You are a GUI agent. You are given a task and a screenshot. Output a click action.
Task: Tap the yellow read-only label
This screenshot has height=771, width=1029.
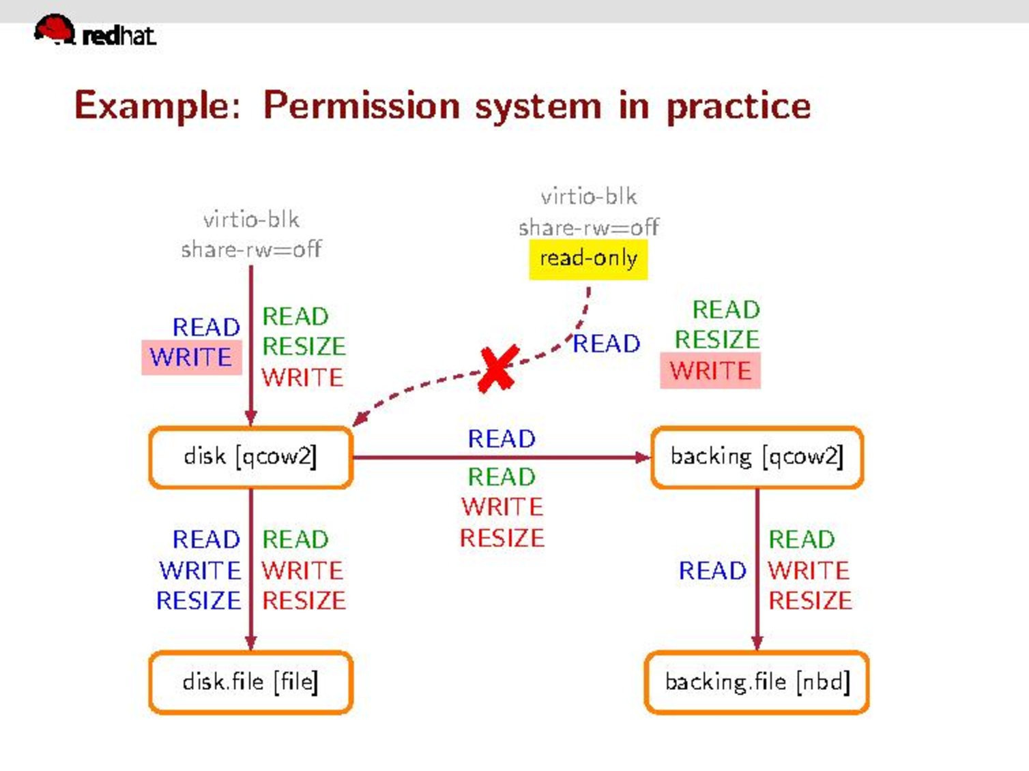coord(588,259)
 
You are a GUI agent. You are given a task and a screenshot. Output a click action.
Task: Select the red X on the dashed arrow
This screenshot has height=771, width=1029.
coord(498,369)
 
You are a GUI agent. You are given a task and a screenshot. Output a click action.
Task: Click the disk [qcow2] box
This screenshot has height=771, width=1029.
coord(250,457)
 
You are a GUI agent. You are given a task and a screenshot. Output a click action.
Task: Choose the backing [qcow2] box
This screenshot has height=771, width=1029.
coord(757,457)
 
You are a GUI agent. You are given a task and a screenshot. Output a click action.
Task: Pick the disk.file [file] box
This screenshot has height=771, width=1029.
coord(250,682)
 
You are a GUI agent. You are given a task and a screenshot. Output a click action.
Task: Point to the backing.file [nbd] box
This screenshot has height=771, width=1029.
coord(757,682)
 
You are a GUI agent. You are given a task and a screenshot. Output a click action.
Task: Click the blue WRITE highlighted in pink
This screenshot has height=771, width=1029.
coord(191,357)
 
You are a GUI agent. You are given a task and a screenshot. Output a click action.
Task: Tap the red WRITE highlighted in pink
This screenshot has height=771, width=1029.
coord(710,371)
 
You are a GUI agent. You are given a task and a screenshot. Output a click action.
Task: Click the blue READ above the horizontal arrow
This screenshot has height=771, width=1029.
coord(502,439)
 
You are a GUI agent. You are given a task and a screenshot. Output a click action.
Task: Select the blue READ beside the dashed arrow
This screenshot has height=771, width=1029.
coord(607,344)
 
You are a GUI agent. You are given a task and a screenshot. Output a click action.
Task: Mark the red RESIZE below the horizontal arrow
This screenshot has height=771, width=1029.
coord(502,538)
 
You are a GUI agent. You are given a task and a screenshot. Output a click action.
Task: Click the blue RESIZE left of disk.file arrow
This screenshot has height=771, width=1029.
coord(199,601)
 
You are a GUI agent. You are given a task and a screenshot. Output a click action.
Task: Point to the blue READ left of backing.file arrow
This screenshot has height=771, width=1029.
coord(712,571)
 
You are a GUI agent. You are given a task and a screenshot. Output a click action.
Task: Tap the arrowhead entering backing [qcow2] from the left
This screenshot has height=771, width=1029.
coord(643,457)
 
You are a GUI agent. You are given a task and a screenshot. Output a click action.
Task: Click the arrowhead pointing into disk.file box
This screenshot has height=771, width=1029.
coord(251,643)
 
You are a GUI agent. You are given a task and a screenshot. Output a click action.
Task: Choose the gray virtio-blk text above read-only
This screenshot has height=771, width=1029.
coord(588,197)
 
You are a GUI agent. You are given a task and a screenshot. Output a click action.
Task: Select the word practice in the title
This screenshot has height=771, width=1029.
coord(738,106)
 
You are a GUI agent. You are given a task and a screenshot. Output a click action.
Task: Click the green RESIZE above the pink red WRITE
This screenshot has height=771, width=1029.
coord(717,339)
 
